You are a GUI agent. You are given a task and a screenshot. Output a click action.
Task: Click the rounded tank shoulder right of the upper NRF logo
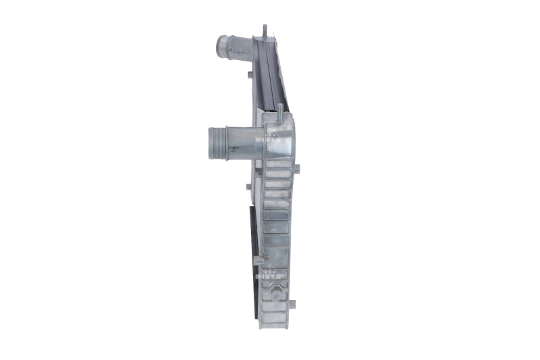click(x=285, y=135)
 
